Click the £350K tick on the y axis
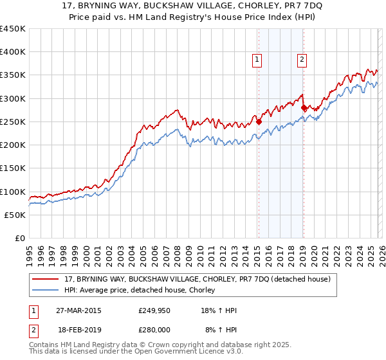coord(13,75)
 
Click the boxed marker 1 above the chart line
coord(257,60)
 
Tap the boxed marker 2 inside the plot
coord(302,60)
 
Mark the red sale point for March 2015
coord(259,121)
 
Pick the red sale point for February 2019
coord(304,108)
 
